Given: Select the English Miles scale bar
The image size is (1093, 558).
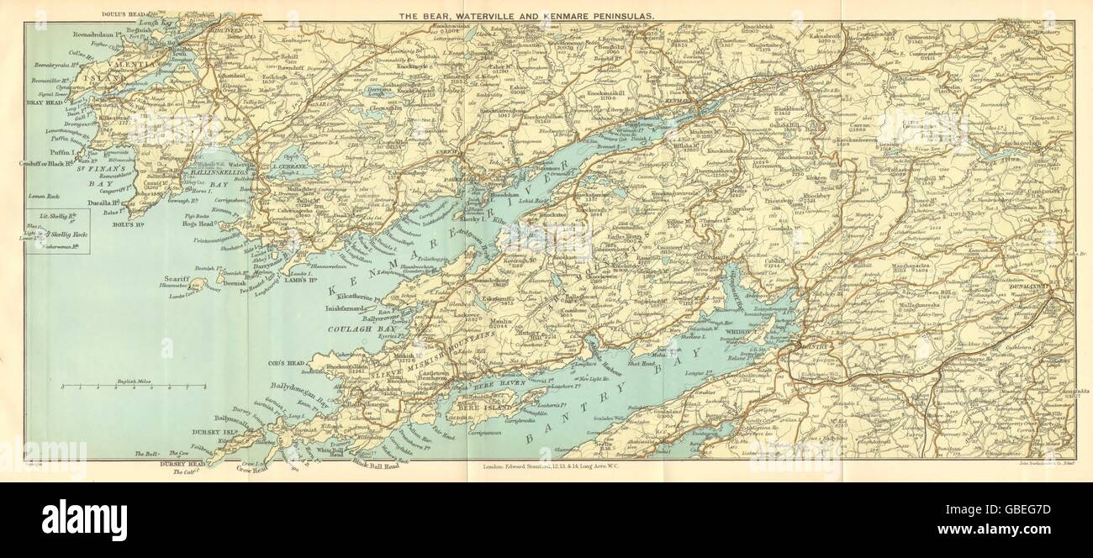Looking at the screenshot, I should pyautogui.click(x=134, y=386).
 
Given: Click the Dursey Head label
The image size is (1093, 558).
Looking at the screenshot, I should pyautogui.click(x=173, y=461).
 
